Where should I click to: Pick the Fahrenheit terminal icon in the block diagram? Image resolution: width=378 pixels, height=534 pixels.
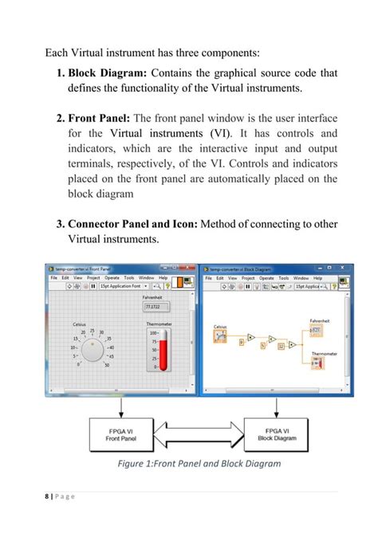[317, 329]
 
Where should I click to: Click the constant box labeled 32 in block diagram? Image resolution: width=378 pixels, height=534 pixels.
[280, 346]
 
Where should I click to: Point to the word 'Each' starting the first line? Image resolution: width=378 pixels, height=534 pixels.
[57, 54]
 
